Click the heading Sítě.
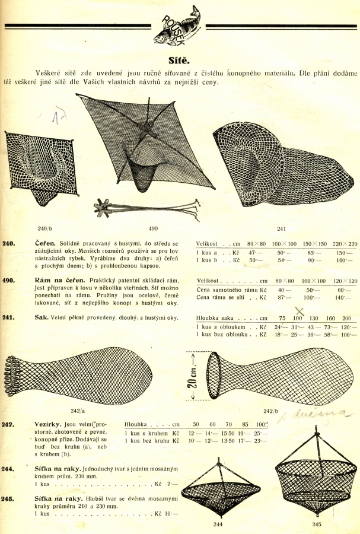point(179,60)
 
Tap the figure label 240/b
point(44,227)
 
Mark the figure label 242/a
point(78,409)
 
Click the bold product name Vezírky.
point(49,425)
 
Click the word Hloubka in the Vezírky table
point(138,425)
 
